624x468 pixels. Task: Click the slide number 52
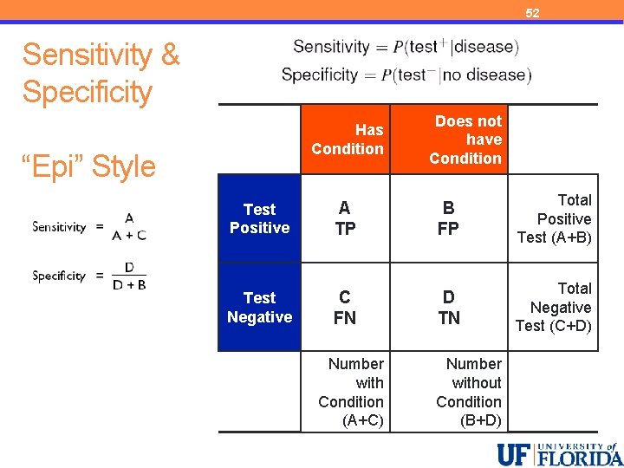point(532,13)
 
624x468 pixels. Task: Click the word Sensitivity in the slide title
point(87,55)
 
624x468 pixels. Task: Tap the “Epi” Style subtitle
point(89,166)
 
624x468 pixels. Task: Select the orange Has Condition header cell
point(347,139)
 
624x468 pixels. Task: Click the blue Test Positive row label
point(259,218)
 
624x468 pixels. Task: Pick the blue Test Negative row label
point(259,307)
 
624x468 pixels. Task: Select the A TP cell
point(345,218)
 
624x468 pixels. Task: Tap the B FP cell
point(448,218)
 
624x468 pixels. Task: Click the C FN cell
point(345,307)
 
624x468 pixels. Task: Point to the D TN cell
point(448,307)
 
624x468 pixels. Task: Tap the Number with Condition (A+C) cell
point(351,392)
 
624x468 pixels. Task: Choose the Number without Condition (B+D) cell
point(469,392)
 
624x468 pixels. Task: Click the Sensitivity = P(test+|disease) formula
point(406,47)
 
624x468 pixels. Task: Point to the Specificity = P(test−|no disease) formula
point(406,75)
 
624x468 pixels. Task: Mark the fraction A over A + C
point(129,226)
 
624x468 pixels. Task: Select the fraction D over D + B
point(129,276)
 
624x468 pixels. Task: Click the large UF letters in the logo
point(516,454)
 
